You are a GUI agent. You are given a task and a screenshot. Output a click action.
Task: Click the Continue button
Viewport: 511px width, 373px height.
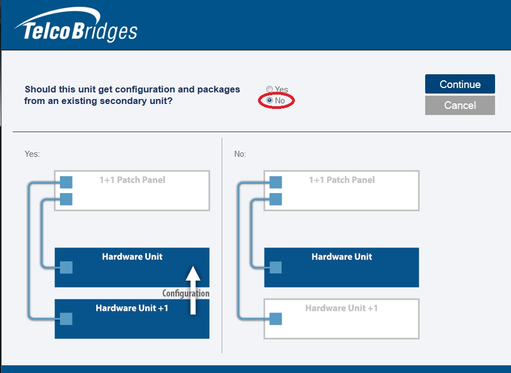(x=460, y=84)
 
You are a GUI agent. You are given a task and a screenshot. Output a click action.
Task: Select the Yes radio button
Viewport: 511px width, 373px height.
(x=270, y=90)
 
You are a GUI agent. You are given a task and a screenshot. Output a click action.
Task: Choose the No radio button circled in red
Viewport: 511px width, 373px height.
(x=270, y=101)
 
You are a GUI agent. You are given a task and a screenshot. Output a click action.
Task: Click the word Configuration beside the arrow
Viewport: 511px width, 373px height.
(x=185, y=293)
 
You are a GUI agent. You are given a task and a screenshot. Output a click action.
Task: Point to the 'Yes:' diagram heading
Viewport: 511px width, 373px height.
(x=32, y=154)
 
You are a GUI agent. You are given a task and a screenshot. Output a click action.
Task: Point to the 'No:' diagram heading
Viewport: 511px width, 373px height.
(x=240, y=154)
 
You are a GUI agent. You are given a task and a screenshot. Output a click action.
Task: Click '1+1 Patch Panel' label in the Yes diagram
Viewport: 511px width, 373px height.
(x=132, y=180)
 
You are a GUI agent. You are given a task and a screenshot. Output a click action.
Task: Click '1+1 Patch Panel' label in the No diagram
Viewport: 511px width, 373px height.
(x=342, y=180)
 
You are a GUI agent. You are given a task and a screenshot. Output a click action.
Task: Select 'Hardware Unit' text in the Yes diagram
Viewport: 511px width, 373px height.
(x=132, y=256)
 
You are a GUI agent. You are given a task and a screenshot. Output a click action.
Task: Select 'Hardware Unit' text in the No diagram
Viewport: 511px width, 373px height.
(x=342, y=256)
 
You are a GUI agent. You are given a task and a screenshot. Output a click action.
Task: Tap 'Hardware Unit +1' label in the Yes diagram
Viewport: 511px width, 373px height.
(x=132, y=308)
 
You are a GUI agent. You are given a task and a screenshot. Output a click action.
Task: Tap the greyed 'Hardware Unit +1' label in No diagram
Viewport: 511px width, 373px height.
(x=342, y=308)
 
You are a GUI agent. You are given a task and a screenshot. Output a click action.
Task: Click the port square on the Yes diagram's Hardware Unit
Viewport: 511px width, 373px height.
(x=66, y=267)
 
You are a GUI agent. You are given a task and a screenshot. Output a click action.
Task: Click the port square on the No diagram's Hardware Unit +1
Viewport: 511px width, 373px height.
(x=276, y=319)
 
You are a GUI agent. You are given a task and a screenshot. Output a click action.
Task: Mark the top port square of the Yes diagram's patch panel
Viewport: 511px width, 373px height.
(x=66, y=182)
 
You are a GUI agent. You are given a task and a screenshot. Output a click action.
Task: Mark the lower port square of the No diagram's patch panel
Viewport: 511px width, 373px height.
(x=276, y=199)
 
